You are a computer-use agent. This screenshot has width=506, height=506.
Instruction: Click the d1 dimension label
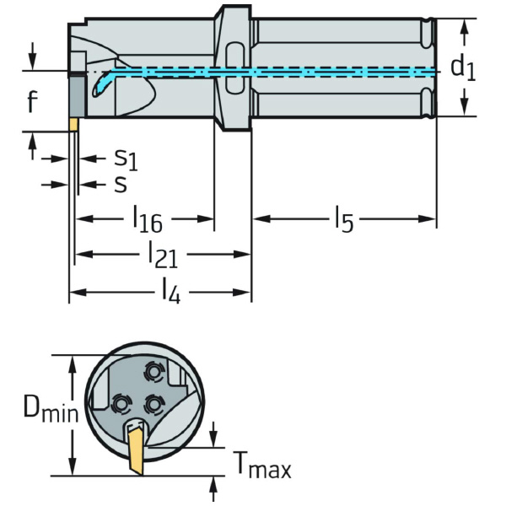(462, 67)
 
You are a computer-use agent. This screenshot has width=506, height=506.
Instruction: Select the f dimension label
(31, 102)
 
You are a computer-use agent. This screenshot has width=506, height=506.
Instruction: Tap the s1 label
(125, 158)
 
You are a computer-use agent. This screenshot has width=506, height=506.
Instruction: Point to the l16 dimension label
(147, 220)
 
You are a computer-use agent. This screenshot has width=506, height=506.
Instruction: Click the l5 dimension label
(342, 220)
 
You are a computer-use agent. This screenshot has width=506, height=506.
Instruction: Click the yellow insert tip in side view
(73, 124)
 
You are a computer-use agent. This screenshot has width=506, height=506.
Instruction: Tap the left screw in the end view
(119, 403)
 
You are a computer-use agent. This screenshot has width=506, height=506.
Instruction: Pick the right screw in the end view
(153, 404)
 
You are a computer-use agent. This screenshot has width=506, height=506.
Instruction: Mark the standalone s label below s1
(121, 183)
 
